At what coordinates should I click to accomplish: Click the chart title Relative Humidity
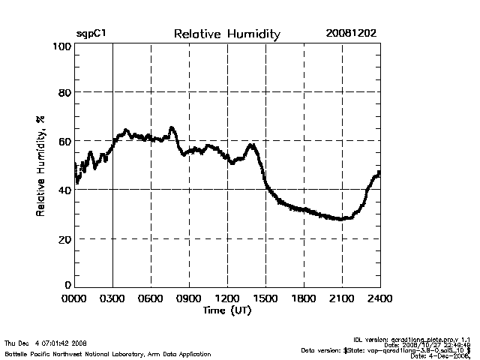click(x=226, y=34)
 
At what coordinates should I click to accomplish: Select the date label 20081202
click(x=351, y=34)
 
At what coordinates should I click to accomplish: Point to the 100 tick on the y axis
click(x=62, y=46)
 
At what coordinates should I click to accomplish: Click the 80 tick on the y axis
click(x=64, y=92)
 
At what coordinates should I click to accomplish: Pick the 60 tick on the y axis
click(x=64, y=141)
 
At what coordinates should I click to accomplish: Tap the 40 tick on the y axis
click(x=64, y=190)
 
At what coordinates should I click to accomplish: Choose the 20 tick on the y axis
click(x=64, y=238)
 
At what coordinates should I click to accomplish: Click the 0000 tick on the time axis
click(x=75, y=298)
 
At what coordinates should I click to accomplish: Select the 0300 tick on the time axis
click(x=112, y=298)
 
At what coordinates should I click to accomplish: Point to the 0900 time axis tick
click(x=189, y=298)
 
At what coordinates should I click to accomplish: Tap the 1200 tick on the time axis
click(x=227, y=298)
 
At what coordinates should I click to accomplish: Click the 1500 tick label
click(x=265, y=298)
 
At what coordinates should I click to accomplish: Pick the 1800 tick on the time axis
click(x=304, y=298)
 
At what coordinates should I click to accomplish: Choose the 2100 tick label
click(x=342, y=298)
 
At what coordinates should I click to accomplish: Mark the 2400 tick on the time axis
click(x=379, y=298)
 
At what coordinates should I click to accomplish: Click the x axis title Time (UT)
click(x=226, y=310)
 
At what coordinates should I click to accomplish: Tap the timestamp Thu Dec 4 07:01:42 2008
click(x=46, y=343)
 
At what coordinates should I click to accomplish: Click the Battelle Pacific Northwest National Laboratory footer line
click(x=107, y=353)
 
